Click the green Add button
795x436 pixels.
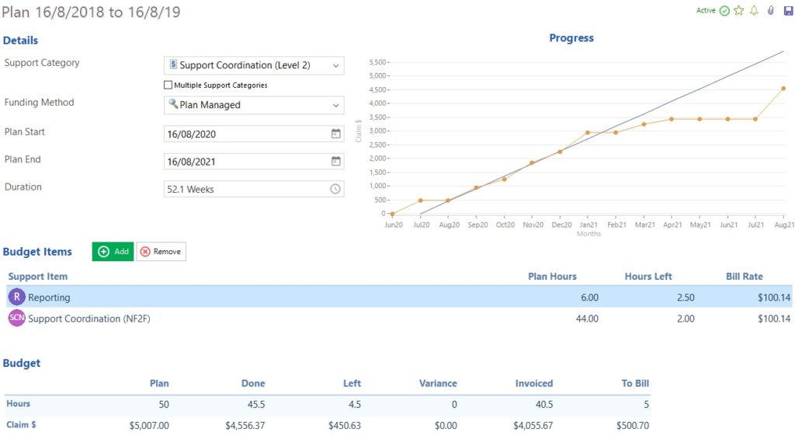pyautogui.click(x=113, y=252)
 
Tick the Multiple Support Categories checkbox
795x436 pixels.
pyautogui.click(x=168, y=85)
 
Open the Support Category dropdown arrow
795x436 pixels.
pyautogui.click(x=336, y=66)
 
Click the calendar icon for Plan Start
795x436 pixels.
pyautogui.click(x=336, y=134)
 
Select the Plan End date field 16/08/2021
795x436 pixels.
pyautogui.click(x=245, y=162)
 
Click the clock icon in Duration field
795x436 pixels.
pyautogui.click(x=336, y=189)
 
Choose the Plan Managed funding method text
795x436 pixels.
pyautogui.click(x=210, y=105)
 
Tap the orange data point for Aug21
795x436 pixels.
pyautogui.click(x=783, y=89)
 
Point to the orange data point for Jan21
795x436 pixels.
pyautogui.click(x=588, y=133)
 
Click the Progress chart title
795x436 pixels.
pyautogui.click(x=571, y=38)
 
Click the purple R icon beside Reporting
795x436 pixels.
pyautogui.click(x=16, y=297)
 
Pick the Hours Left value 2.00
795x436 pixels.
pyautogui.click(x=684, y=319)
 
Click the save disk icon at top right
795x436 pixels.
pyautogui.click(x=788, y=11)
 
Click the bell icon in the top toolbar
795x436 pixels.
pyautogui.click(x=754, y=11)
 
